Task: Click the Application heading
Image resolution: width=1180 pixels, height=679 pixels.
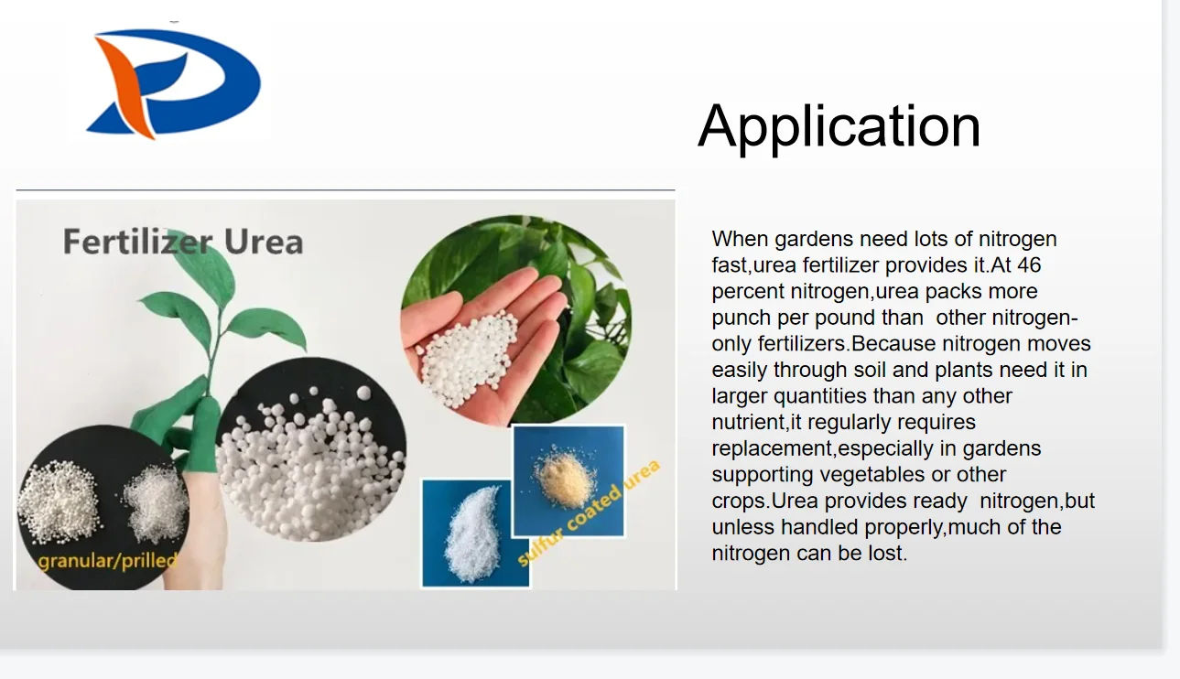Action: click(x=839, y=125)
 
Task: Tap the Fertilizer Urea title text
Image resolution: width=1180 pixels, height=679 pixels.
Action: click(x=182, y=242)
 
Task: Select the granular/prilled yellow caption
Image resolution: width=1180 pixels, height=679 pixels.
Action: click(x=107, y=557)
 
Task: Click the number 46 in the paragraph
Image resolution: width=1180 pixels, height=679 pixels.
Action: click(x=1029, y=265)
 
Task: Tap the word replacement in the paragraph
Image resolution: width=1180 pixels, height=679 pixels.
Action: click(x=771, y=449)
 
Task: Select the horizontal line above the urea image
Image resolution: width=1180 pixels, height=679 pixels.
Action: click(x=345, y=190)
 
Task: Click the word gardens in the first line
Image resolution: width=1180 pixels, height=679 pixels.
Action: click(x=813, y=240)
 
